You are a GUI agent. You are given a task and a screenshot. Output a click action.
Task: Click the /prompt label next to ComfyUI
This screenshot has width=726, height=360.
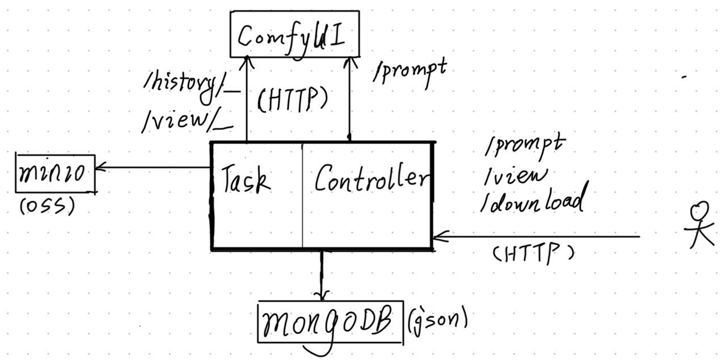[410, 71]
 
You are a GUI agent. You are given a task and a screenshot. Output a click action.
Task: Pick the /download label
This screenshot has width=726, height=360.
[532, 201]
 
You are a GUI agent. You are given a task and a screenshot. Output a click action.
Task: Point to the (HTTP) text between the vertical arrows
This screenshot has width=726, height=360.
[293, 100]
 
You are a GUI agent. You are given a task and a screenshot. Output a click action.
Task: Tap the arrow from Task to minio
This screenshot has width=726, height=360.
[153, 167]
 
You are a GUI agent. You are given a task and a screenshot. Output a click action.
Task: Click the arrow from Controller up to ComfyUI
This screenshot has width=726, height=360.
[348, 96]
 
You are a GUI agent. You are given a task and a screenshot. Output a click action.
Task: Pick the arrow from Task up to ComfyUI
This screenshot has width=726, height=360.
[247, 96]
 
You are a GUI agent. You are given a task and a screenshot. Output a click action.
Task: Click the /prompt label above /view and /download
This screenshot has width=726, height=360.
[525, 146]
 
